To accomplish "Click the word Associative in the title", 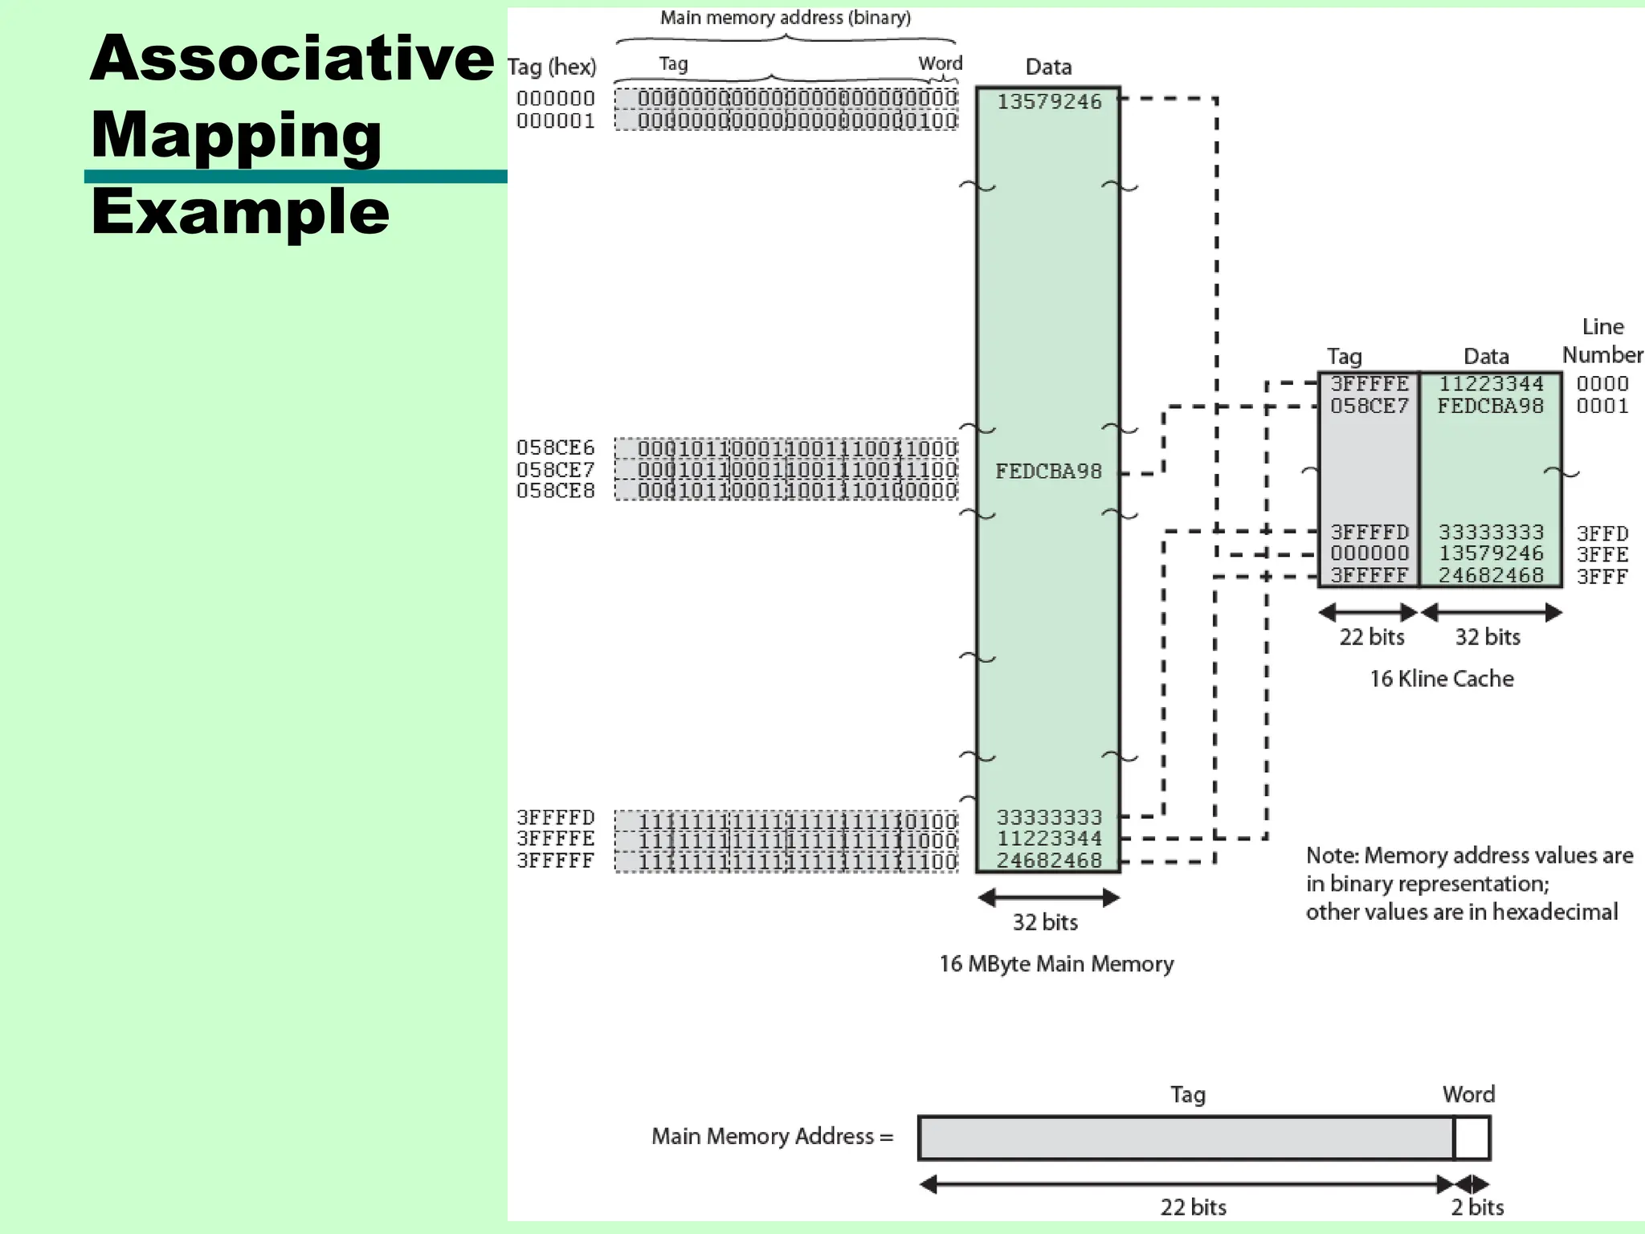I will pyautogui.click(x=291, y=59).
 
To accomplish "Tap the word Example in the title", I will pyautogui.click(x=239, y=212).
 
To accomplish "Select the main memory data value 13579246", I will pyautogui.click(x=1049, y=102).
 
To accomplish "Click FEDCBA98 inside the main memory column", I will pyautogui.click(x=1048, y=472).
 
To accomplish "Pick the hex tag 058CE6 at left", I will pyautogui.click(x=555, y=447).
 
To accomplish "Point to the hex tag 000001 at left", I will pyautogui.click(x=555, y=121).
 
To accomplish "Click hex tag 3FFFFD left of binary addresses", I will pyautogui.click(x=555, y=818).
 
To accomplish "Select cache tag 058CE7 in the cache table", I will pyautogui.click(x=1369, y=407).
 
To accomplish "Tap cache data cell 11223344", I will pyautogui.click(x=1490, y=384).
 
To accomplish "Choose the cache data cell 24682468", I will pyautogui.click(x=1490, y=575).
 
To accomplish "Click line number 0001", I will pyautogui.click(x=1602, y=407).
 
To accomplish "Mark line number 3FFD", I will pyautogui.click(x=1602, y=533).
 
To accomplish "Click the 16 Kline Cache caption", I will pyautogui.click(x=1441, y=679).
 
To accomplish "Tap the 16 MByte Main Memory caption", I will pyautogui.click(x=1055, y=964).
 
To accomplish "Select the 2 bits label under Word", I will pyautogui.click(x=1476, y=1207).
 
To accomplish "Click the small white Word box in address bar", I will pyautogui.click(x=1472, y=1138).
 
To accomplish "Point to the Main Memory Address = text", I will pyautogui.click(x=772, y=1136).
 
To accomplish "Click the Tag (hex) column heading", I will pyautogui.click(x=552, y=67).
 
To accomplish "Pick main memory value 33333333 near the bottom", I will pyautogui.click(x=1049, y=818).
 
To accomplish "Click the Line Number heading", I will pyautogui.click(x=1602, y=341).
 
